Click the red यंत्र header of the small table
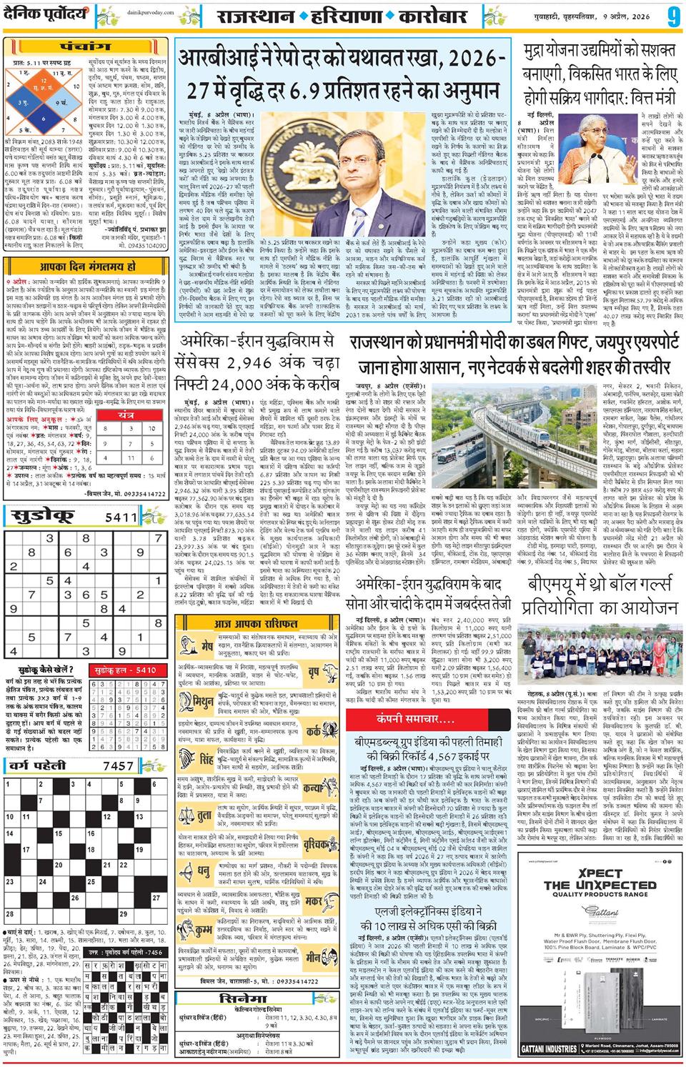click(x=126, y=415)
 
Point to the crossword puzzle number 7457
click(x=118, y=766)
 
